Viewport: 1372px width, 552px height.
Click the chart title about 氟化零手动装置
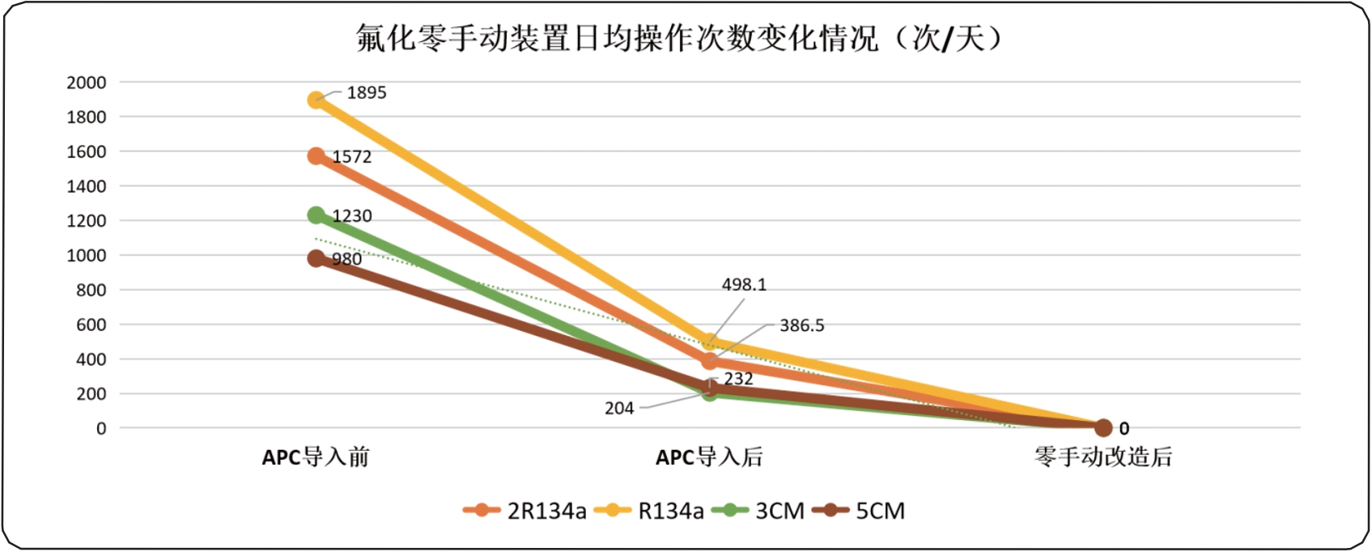[x=678, y=38]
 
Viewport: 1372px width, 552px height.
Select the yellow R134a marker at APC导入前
[x=316, y=100]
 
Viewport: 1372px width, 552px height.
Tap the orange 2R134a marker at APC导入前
[x=316, y=156]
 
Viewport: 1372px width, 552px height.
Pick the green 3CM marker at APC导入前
[x=316, y=215]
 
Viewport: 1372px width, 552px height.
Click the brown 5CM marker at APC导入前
[x=316, y=259]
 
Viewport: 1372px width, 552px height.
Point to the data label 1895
[x=367, y=93]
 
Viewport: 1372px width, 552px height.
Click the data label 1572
[x=352, y=157]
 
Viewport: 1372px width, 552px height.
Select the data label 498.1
[x=744, y=285]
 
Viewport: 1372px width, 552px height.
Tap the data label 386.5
[x=801, y=325]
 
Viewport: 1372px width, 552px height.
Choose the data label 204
[x=619, y=409]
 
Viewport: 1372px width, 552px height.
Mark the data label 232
[x=738, y=379]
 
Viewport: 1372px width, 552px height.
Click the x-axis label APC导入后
[x=709, y=457]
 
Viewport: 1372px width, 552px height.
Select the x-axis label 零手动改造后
[x=1102, y=457]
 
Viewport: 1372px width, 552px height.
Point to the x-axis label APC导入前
[x=316, y=457]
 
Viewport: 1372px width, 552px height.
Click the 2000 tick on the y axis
[x=87, y=83]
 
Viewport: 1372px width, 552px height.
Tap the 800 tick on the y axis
[x=91, y=290]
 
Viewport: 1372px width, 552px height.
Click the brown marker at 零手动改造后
[x=1103, y=427]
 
